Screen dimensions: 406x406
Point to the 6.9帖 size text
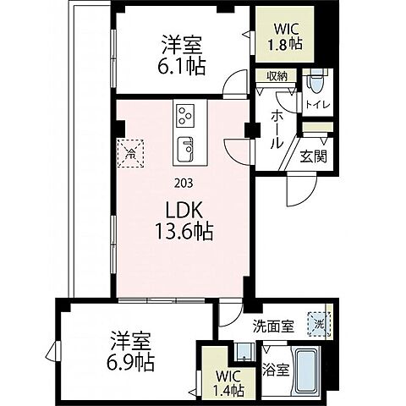coord(131,365)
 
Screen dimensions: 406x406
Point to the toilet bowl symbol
coord(315,82)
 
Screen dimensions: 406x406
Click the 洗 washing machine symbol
coord(320,323)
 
